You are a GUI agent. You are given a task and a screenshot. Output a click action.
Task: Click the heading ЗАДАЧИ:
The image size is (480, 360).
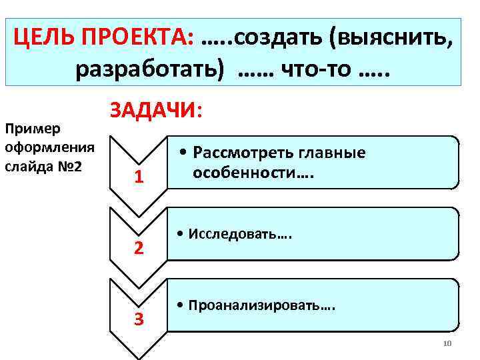click(154, 110)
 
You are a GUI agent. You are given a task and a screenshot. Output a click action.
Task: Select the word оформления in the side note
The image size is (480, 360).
click(49, 146)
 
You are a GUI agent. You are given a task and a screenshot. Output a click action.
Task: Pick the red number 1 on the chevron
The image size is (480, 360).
click(138, 177)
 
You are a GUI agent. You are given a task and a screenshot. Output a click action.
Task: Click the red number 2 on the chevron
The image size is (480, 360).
click(138, 248)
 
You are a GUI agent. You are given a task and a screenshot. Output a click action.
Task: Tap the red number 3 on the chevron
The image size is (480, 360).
click(138, 319)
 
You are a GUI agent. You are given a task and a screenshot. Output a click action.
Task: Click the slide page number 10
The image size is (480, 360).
click(447, 344)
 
